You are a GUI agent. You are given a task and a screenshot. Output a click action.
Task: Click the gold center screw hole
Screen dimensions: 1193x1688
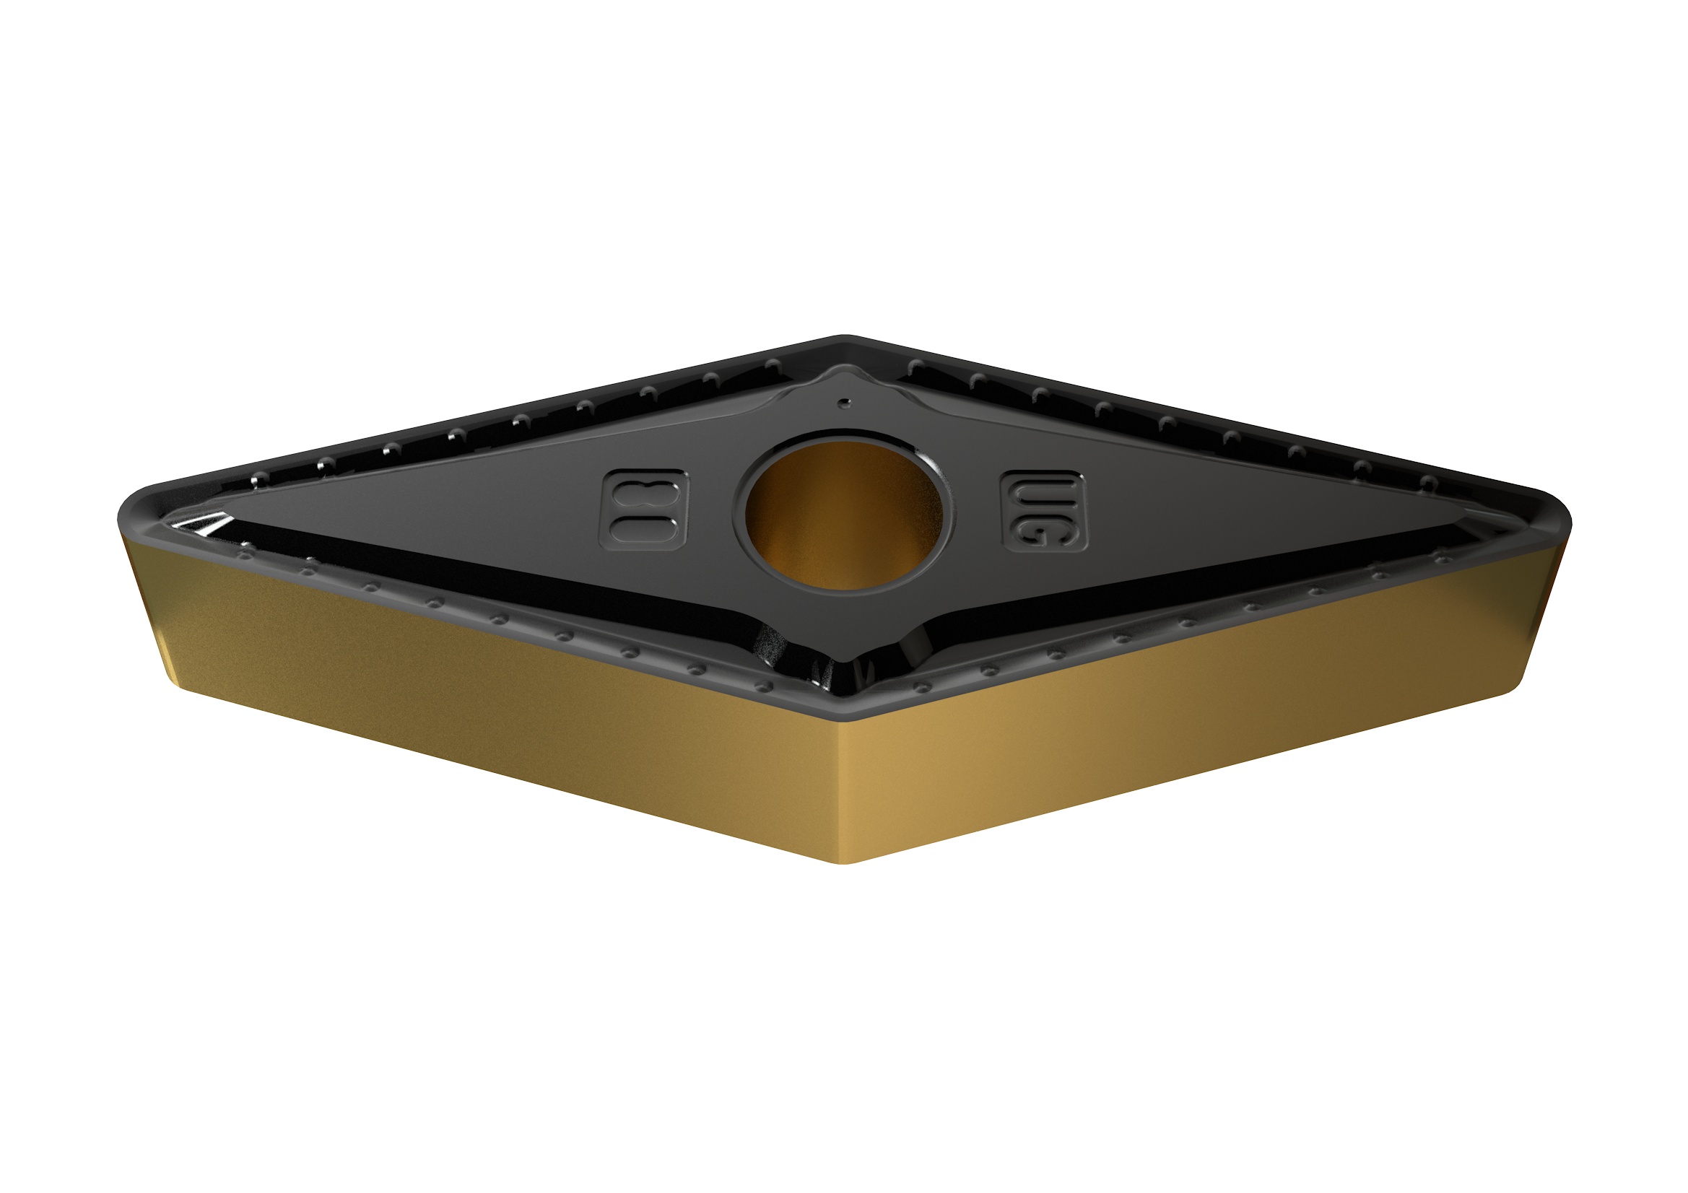pos(843,512)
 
